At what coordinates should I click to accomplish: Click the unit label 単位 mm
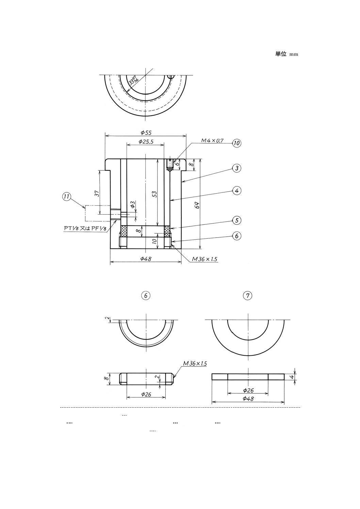(x=287, y=54)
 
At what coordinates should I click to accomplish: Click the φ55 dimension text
(x=146, y=133)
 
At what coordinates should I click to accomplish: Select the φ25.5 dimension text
(x=146, y=141)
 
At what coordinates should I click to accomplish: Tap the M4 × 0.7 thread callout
(x=212, y=140)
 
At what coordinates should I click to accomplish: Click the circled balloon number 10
(x=237, y=143)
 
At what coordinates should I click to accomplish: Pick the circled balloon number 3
(x=237, y=168)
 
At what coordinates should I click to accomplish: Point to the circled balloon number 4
(x=237, y=191)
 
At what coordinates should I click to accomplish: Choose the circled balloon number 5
(x=237, y=220)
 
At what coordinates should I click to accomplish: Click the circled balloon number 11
(x=67, y=197)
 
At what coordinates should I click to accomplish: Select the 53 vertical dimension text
(x=154, y=194)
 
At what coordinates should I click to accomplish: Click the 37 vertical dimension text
(x=97, y=193)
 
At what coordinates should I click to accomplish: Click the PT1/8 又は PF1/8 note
(x=85, y=228)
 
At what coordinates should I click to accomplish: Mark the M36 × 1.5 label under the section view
(x=204, y=259)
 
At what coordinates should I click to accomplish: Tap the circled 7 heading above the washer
(x=248, y=295)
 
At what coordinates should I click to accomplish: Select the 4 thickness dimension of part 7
(x=292, y=377)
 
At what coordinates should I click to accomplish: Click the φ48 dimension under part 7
(x=248, y=398)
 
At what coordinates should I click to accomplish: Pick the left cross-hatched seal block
(x=124, y=232)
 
